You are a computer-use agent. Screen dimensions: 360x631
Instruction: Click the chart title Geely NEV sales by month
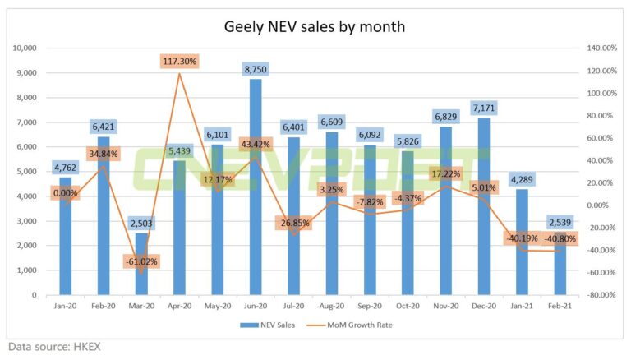point(315,27)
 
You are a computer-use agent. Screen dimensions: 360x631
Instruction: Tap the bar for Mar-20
point(140,263)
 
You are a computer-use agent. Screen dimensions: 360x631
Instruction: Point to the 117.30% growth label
point(179,61)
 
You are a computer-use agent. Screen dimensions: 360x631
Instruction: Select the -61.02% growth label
point(140,261)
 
